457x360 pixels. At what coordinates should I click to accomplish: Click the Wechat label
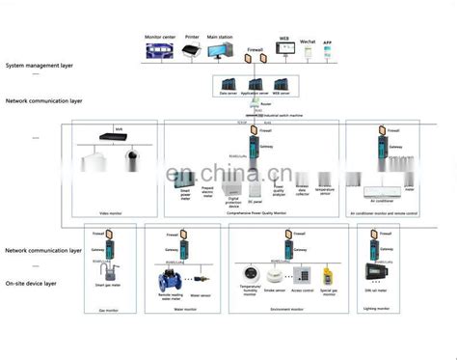pos(309,42)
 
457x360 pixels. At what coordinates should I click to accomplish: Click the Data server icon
pos(229,84)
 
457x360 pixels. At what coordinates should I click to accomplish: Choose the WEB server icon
pos(282,84)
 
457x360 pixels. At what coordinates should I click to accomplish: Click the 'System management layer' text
pos(38,66)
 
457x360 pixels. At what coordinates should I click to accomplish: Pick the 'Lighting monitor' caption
pos(379,310)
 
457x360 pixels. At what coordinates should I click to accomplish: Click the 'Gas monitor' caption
pos(110,310)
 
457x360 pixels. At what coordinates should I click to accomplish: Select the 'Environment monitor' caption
pos(286,310)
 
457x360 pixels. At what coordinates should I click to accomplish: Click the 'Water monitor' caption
pos(183,310)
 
